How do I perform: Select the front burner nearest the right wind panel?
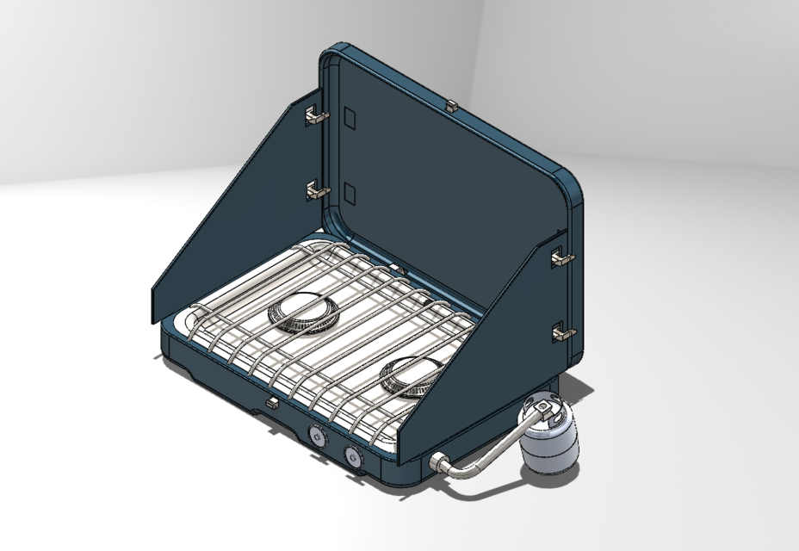click(x=412, y=375)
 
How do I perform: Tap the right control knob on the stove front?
click(x=352, y=456)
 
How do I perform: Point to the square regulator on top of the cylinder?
click(x=543, y=404)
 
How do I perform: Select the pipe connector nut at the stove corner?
click(x=437, y=464)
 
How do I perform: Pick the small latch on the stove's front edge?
click(x=271, y=402)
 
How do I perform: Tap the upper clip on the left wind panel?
click(x=315, y=115)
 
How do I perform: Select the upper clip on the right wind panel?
click(x=561, y=256)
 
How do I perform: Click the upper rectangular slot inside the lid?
click(x=349, y=117)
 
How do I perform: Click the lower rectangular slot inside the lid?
click(x=349, y=194)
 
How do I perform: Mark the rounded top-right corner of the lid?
click(x=575, y=185)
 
